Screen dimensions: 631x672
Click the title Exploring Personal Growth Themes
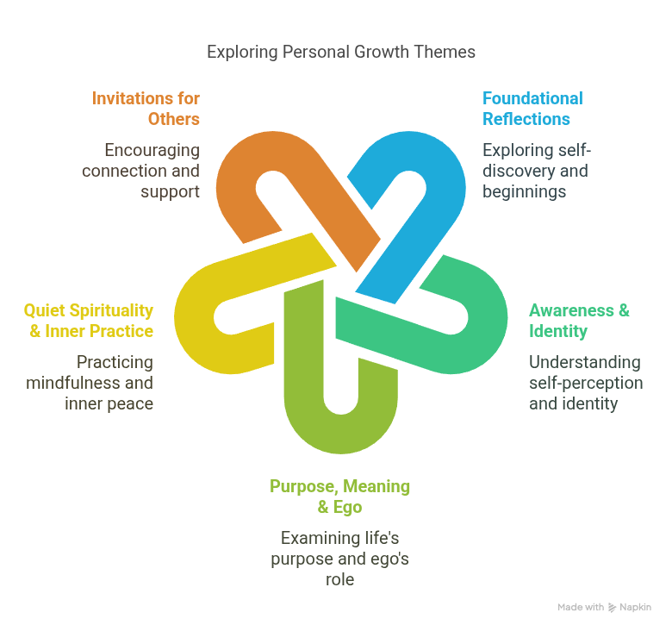tap(340, 52)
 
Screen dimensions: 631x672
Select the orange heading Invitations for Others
tap(146, 109)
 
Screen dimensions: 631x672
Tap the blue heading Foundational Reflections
tap(532, 109)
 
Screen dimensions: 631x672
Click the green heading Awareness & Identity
tap(579, 321)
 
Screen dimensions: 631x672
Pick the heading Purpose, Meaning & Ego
tap(339, 497)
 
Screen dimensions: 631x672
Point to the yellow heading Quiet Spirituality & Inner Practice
tap(89, 321)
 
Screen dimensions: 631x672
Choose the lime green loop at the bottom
tap(340, 427)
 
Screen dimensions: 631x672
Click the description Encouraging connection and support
tap(141, 170)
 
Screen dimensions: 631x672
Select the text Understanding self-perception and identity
tap(585, 382)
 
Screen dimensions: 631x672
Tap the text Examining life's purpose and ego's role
tap(339, 559)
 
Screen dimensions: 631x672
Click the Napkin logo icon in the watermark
tap(612, 608)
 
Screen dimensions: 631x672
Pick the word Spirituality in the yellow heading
tap(109, 310)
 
